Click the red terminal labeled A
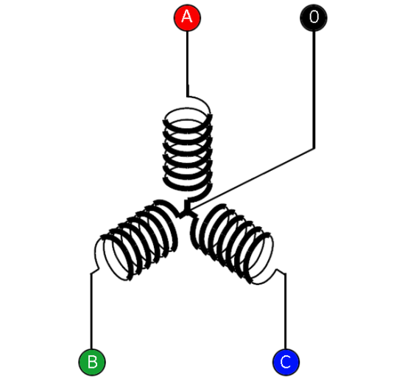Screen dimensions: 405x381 (x=187, y=18)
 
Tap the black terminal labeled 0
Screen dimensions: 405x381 (x=314, y=18)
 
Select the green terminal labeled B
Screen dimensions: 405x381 (x=92, y=362)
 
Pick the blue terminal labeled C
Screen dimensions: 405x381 (x=286, y=362)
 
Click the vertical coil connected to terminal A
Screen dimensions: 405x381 (x=188, y=150)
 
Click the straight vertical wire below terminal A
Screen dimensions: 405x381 (x=188, y=64)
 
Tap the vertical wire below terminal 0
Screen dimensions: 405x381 (x=314, y=90)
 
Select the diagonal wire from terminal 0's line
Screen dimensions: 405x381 (x=253, y=178)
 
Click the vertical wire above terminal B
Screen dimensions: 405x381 (x=91, y=311)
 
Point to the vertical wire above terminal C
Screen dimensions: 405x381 (x=285, y=311)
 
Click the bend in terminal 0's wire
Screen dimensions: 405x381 (x=314, y=148)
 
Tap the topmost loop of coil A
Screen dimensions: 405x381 (x=188, y=114)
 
